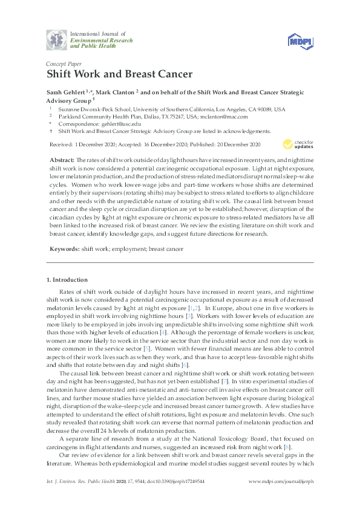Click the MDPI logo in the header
(301, 40)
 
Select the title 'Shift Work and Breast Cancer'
(119, 75)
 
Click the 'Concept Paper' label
(65, 63)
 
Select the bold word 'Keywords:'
(64, 248)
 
